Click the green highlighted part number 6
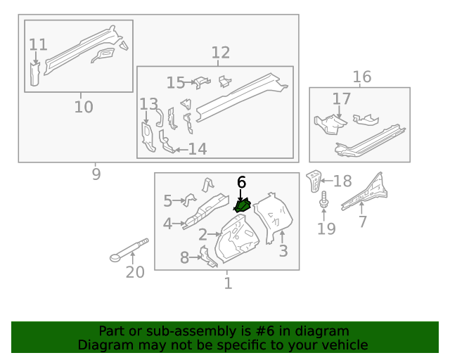[243, 206]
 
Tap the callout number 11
[38, 45]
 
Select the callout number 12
[220, 52]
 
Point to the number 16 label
[361, 77]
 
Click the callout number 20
[134, 271]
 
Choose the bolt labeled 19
[324, 202]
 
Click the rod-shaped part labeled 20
[130, 250]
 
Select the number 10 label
[83, 107]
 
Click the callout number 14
[197, 149]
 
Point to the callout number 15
[175, 83]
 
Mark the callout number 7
[362, 222]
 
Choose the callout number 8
[184, 258]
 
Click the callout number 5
[167, 201]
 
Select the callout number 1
[227, 283]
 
